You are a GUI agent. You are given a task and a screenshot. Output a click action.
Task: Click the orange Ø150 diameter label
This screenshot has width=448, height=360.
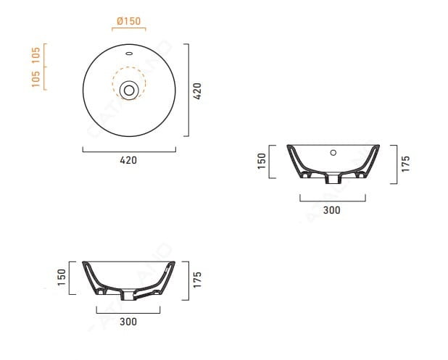(129, 21)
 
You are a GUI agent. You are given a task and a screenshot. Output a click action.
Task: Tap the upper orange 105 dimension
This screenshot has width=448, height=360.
(36, 55)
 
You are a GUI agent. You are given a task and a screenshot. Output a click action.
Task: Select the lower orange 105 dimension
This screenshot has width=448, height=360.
(36, 78)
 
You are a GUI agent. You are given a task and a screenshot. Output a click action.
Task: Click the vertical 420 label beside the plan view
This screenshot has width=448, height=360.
(197, 91)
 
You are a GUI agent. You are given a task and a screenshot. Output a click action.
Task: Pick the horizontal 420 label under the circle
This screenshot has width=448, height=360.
(128, 160)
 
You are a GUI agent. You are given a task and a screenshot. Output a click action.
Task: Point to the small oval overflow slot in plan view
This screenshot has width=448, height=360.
(129, 53)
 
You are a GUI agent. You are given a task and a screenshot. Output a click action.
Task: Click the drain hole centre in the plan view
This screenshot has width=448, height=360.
(129, 91)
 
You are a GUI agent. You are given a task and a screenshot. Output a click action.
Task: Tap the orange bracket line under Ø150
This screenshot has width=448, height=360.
(129, 28)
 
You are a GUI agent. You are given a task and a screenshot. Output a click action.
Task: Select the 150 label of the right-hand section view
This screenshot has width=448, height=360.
(262, 161)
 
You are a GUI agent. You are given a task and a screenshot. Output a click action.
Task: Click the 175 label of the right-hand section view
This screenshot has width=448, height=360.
(406, 164)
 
